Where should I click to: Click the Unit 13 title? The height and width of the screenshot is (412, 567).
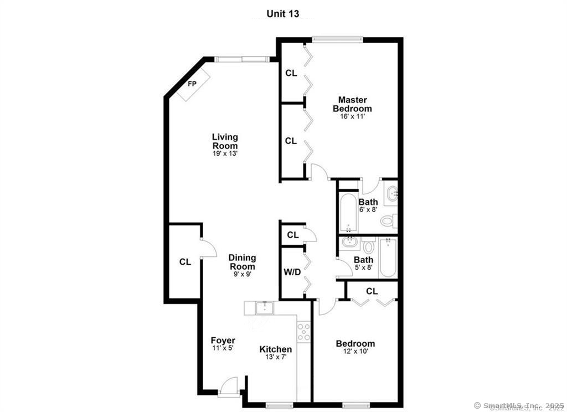283,14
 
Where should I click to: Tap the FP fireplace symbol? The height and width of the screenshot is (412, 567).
193,84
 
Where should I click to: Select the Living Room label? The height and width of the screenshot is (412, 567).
225,141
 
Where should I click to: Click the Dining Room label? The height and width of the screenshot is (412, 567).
243,262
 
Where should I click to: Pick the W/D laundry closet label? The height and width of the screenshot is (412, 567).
292,272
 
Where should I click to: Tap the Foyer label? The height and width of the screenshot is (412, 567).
223,341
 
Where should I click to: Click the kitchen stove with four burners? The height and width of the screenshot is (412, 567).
303,331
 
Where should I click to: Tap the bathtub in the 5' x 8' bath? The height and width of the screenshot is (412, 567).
388,258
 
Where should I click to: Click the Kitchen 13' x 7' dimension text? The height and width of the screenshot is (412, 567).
276,357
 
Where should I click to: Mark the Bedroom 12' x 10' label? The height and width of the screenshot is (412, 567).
355,344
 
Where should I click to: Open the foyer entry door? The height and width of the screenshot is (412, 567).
228,387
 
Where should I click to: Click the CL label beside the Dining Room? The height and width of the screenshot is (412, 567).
185,262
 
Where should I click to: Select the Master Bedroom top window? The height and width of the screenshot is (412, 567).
337,39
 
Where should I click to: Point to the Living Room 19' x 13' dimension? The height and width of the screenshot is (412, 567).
225,153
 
